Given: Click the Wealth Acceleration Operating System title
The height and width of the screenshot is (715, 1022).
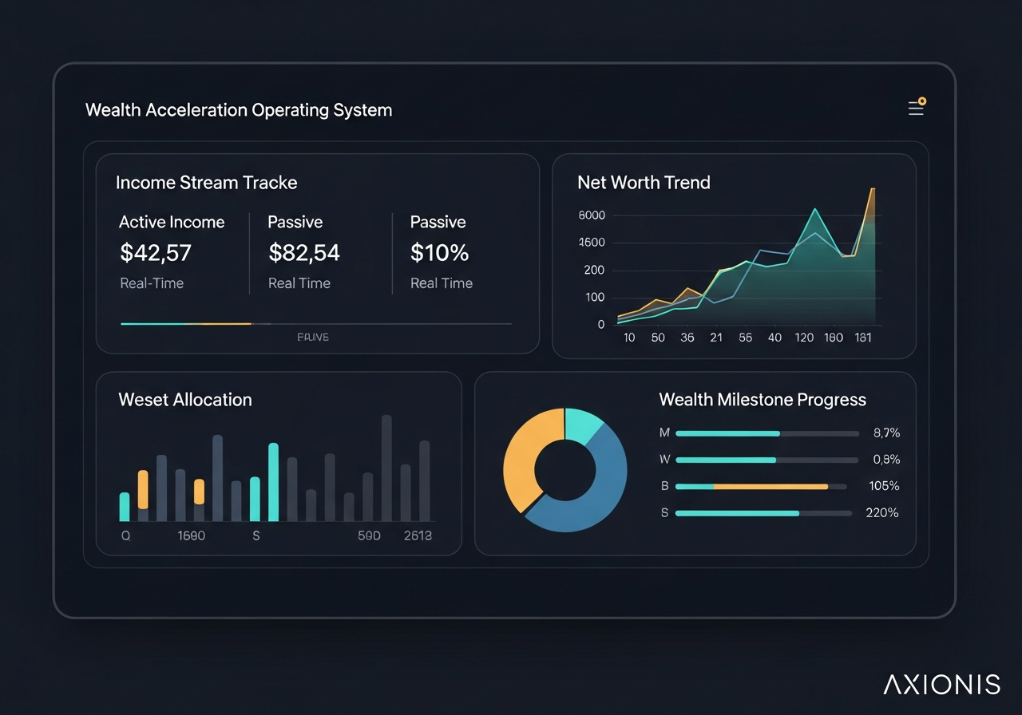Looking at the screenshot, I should click(239, 110).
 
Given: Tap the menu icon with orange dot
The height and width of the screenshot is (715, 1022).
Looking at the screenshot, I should click(916, 108).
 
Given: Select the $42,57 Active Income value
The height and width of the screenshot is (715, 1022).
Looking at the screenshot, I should click(156, 253).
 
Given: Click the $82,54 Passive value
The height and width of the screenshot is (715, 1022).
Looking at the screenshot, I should click(304, 253).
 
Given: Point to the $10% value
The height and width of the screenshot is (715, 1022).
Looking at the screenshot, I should click(439, 253).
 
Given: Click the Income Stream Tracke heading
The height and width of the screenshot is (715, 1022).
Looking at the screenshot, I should click(206, 183).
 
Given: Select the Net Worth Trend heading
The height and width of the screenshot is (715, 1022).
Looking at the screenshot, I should click(644, 183).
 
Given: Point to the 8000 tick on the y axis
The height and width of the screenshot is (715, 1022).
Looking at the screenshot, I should click(591, 215).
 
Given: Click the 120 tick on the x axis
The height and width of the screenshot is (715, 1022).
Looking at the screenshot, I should click(804, 338).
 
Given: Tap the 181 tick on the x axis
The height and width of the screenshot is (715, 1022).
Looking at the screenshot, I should click(862, 338).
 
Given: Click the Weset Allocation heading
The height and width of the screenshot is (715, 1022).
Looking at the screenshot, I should click(185, 400).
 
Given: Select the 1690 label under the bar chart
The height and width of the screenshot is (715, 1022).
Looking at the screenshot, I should click(191, 536).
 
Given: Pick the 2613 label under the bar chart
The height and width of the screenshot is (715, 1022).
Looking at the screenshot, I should click(418, 536).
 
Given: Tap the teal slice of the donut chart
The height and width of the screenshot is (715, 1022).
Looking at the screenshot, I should click(581, 425).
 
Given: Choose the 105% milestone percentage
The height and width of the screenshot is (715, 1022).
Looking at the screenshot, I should click(884, 486).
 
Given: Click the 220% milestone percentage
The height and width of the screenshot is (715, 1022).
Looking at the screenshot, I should click(882, 513).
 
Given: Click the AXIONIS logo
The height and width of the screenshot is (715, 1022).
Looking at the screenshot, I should click(941, 685).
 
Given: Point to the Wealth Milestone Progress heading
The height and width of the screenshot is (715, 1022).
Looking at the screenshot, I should click(763, 400).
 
